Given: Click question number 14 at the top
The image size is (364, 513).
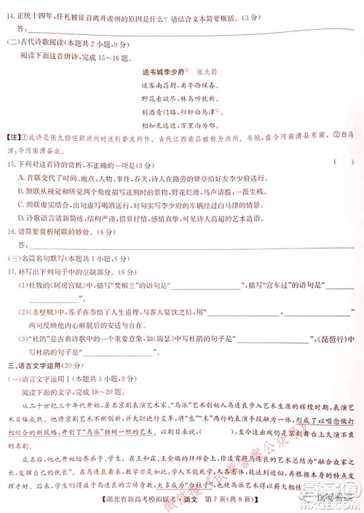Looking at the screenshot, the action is coord(12,14).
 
